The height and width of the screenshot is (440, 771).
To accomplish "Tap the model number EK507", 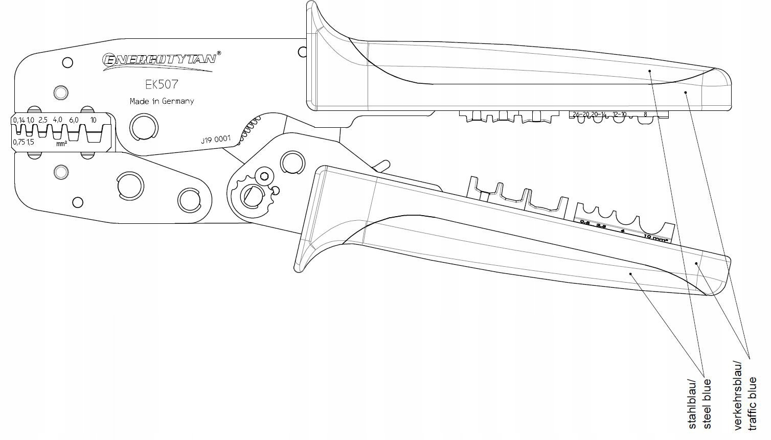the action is tap(162, 84).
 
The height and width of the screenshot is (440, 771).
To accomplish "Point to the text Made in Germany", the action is tap(162, 101).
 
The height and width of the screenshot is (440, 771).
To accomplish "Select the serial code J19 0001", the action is tap(216, 140).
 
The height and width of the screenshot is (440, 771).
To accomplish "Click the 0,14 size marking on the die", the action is tap(19, 120).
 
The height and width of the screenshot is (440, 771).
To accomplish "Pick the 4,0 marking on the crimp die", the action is tap(57, 120).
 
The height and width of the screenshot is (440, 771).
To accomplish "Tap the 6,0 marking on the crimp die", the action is tap(74, 120).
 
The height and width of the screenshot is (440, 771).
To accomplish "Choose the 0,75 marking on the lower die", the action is tap(19, 142).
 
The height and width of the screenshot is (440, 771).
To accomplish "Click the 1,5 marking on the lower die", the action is tap(30, 142).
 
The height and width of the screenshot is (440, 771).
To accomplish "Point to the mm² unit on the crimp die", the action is tap(62, 144).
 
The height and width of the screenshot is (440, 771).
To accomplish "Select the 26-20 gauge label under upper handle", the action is tap(581, 114).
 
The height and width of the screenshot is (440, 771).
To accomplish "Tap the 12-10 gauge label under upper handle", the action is tap(619, 114).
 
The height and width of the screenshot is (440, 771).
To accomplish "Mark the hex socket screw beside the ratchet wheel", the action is tap(264, 176).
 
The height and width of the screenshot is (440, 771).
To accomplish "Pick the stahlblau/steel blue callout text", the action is tap(698, 404).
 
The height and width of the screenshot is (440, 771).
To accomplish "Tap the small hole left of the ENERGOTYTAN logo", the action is tap(67, 63).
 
